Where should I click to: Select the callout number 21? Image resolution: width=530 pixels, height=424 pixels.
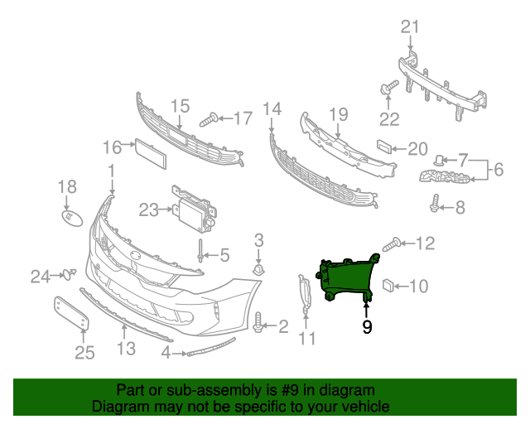click(410, 26)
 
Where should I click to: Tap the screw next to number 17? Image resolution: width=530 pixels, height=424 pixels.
click(209, 120)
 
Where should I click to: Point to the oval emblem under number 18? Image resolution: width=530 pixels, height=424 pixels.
click(72, 218)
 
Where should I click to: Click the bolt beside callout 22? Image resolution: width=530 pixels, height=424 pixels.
click(389, 87)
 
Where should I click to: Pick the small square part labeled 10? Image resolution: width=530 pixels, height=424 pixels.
click(388, 286)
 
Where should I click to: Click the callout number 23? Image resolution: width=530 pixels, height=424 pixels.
click(149, 210)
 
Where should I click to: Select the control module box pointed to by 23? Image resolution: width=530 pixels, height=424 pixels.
click(194, 209)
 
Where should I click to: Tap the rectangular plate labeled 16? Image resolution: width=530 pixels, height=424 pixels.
click(151, 153)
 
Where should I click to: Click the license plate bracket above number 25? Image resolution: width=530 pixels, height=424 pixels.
click(71, 313)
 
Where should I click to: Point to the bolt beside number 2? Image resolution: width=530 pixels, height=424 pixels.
click(258, 322)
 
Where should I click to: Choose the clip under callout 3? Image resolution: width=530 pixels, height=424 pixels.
click(258, 270)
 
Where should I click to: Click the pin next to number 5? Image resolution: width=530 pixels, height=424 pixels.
click(200, 251)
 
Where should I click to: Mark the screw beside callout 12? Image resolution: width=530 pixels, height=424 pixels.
click(392, 244)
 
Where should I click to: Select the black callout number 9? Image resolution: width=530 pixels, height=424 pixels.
click(367, 326)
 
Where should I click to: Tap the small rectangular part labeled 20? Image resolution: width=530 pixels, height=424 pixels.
click(384, 147)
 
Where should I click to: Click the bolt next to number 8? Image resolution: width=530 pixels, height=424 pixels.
click(435, 203)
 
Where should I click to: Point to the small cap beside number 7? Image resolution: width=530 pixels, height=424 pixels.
click(439, 160)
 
